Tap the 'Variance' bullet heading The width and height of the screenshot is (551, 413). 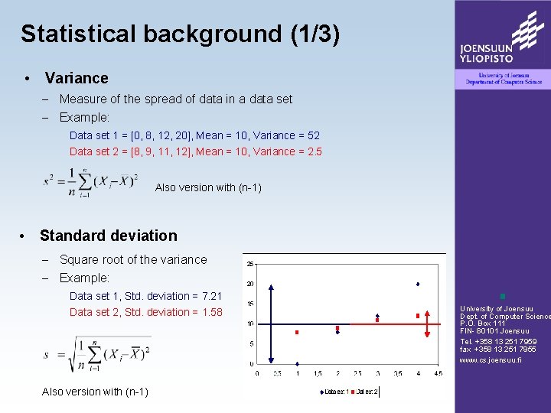(x=76, y=78)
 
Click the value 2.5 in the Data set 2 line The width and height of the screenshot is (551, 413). (x=314, y=151)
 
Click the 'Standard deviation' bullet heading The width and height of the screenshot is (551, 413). (x=108, y=236)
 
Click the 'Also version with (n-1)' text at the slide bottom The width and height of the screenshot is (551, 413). (x=95, y=392)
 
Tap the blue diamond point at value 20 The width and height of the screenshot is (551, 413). (x=418, y=284)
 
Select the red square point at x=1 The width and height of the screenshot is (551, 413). (x=296, y=333)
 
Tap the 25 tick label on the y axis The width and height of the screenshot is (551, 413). (x=250, y=265)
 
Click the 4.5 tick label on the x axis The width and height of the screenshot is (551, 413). (x=437, y=374)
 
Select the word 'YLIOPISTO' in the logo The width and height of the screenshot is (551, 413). (x=487, y=57)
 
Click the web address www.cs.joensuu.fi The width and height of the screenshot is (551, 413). (x=490, y=360)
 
